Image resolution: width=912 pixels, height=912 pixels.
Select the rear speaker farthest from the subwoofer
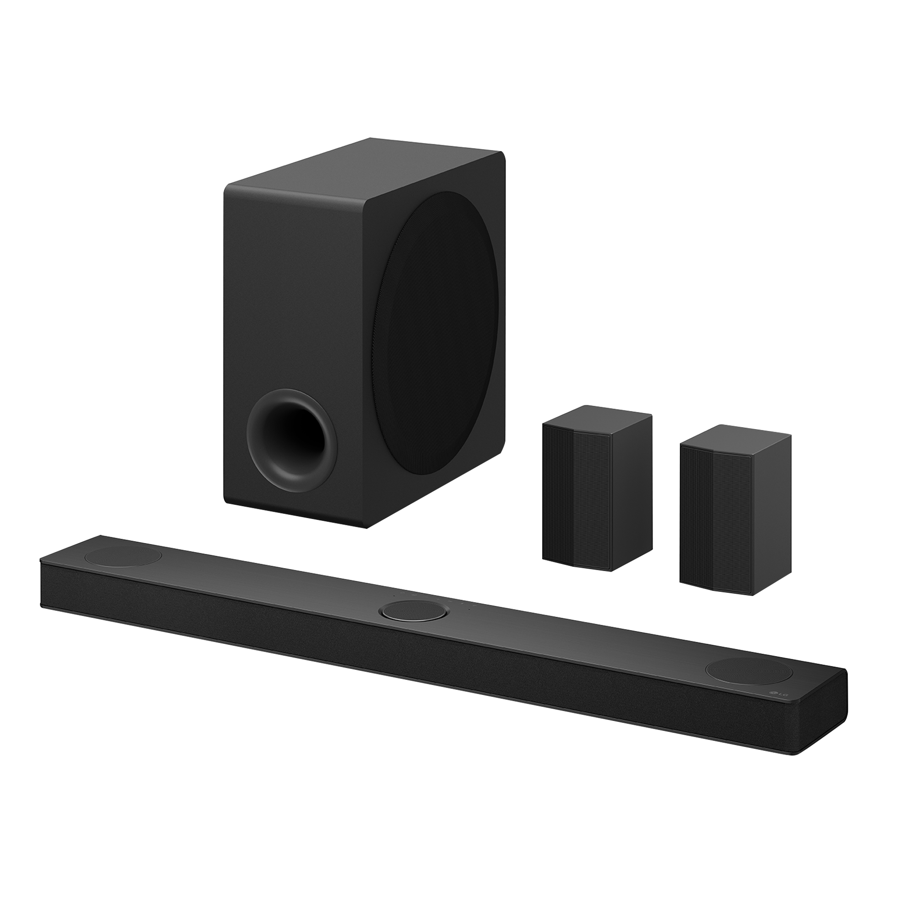(736, 509)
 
